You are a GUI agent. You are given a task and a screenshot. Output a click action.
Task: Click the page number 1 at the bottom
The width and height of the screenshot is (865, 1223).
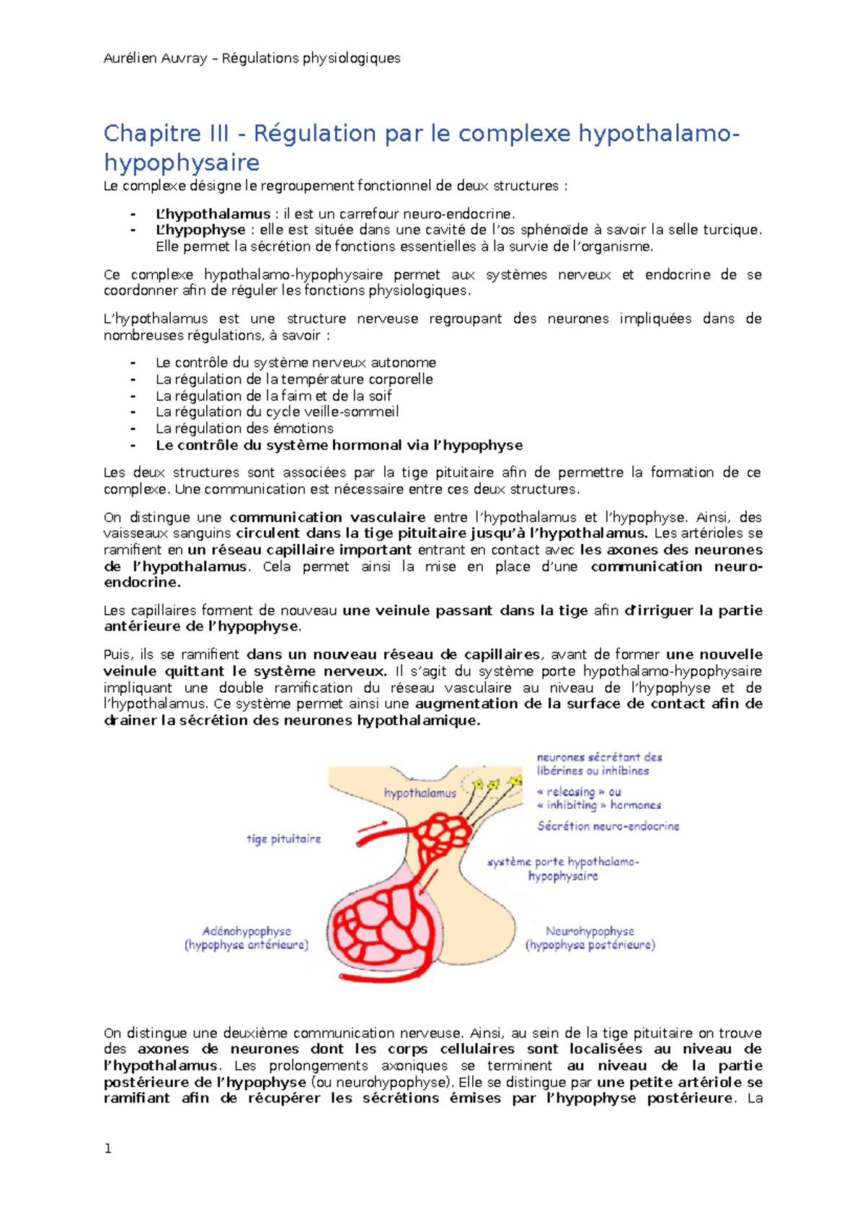pyautogui.click(x=108, y=1149)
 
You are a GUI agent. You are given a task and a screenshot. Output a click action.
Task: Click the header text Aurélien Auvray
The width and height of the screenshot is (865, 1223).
pyautogui.click(x=155, y=58)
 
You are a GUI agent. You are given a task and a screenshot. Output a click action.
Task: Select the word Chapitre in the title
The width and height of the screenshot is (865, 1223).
pyautogui.click(x=152, y=133)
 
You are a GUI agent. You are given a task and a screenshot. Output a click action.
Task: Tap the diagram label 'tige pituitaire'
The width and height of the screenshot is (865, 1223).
pyautogui.click(x=283, y=839)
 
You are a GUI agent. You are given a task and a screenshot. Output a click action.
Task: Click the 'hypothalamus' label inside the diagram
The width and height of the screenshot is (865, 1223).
pyautogui.click(x=420, y=793)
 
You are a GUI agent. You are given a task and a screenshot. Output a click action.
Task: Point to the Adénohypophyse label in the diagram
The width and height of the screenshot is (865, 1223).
pyautogui.click(x=247, y=931)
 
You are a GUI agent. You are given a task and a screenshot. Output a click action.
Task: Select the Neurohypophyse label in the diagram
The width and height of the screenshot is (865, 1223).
pyautogui.click(x=590, y=931)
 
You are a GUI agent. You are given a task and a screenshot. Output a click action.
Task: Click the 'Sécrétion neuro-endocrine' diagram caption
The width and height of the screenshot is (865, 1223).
pyautogui.click(x=608, y=826)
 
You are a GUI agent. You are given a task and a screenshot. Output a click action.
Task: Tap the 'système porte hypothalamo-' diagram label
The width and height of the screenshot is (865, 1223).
pyautogui.click(x=563, y=862)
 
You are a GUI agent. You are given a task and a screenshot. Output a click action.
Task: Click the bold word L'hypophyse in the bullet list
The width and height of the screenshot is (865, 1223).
pyautogui.click(x=200, y=230)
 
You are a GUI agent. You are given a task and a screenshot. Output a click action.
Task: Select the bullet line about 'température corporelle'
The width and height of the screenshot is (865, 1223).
pyautogui.click(x=294, y=380)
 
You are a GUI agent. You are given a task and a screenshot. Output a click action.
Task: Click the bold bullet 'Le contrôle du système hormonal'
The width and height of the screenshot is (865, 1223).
pyautogui.click(x=339, y=445)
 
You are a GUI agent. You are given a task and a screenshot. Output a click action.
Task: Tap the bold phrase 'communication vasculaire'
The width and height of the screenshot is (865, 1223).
pyautogui.click(x=327, y=517)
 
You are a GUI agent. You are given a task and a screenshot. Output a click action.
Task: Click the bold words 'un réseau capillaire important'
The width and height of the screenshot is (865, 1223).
pyautogui.click(x=299, y=550)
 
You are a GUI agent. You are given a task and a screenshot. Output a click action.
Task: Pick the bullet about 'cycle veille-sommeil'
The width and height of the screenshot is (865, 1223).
pyautogui.click(x=277, y=412)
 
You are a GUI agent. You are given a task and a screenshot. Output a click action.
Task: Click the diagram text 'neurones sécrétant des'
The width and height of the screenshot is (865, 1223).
pyautogui.click(x=599, y=758)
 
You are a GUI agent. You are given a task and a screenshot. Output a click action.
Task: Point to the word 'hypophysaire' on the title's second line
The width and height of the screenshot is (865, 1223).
pyautogui.click(x=182, y=163)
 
